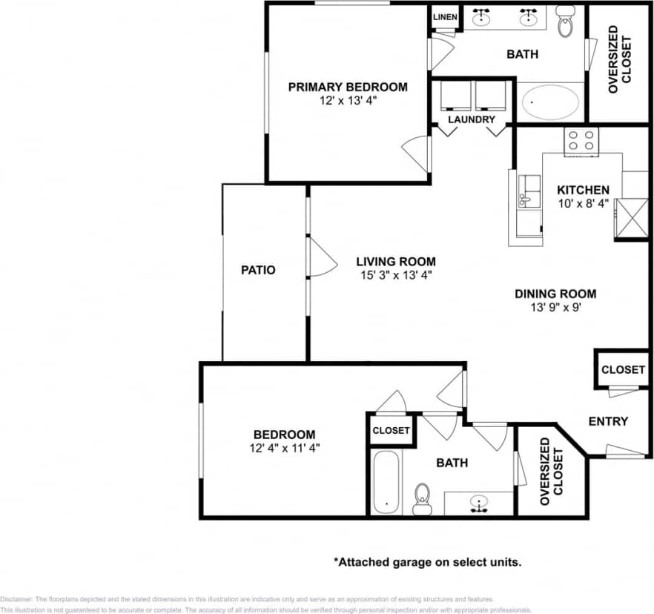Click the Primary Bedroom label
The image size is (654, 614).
(x=347, y=87)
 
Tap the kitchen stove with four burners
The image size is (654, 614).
(x=581, y=141)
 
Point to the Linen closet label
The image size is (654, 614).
(x=445, y=16)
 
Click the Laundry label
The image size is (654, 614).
(x=471, y=119)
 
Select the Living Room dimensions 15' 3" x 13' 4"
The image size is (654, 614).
(x=395, y=275)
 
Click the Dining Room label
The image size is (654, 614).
(x=555, y=294)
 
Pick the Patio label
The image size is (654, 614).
(x=258, y=270)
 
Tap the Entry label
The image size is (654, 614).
(x=608, y=421)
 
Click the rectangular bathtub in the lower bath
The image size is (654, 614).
(x=386, y=481)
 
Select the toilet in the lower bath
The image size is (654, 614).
(x=423, y=498)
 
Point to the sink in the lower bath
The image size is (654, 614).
(x=478, y=504)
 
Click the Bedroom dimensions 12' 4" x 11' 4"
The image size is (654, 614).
(x=285, y=447)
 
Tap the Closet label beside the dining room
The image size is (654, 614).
(x=623, y=369)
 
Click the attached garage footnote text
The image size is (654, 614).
(x=427, y=562)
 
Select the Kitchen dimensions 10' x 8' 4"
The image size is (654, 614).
(x=583, y=202)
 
